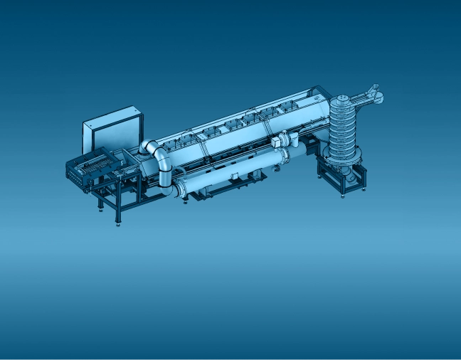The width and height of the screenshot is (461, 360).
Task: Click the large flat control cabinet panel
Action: coord(112,131)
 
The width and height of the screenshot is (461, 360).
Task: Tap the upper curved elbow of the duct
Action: coord(155,151)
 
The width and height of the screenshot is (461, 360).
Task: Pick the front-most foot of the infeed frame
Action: coord(117,223)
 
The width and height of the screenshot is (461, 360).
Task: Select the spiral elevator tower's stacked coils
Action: coord(344,128)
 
